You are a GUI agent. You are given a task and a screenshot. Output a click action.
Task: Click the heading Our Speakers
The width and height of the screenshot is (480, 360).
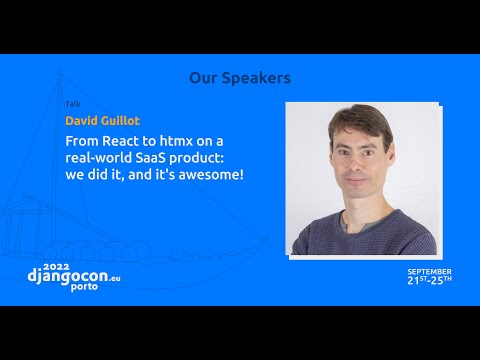coord(239,78)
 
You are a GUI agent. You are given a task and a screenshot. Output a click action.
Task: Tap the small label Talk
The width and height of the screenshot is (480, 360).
coord(72,104)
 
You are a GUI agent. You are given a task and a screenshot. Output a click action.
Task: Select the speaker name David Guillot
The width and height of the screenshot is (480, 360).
coord(102,121)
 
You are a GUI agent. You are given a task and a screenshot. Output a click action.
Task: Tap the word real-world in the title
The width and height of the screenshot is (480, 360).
coord(99,159)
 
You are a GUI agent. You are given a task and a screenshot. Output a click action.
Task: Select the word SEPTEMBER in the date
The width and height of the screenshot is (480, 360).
coord(429,271)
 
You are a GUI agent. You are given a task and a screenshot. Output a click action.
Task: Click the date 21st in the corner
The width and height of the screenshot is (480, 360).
coord(416,280)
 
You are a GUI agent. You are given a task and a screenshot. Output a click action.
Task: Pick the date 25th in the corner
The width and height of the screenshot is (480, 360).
coord(441,280)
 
